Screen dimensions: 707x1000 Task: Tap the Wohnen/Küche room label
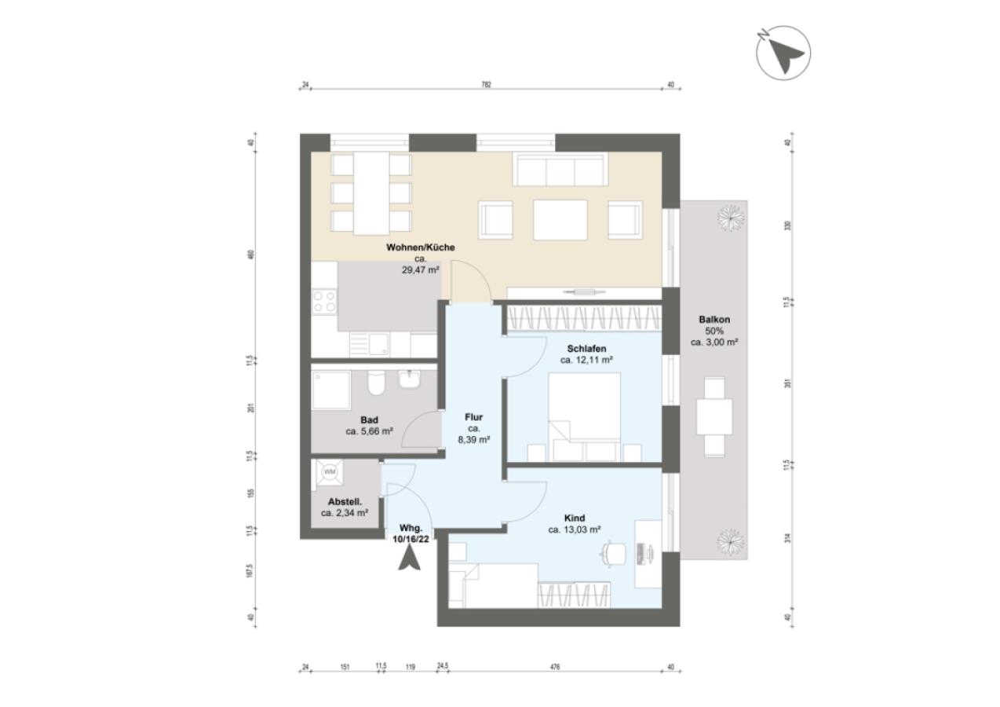click(420, 247)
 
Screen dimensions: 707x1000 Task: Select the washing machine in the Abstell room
click(329, 472)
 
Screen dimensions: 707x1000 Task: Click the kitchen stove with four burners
click(324, 302)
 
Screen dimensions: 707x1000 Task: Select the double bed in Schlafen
click(586, 416)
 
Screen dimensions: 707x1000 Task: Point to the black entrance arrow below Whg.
click(409, 559)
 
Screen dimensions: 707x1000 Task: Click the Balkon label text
click(715, 320)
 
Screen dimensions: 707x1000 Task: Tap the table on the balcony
click(714, 416)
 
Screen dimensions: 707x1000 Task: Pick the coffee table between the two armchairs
click(560, 220)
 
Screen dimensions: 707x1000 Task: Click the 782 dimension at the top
click(486, 85)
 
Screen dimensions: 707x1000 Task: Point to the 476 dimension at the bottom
click(554, 667)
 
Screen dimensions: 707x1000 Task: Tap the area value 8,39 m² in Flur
click(474, 440)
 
